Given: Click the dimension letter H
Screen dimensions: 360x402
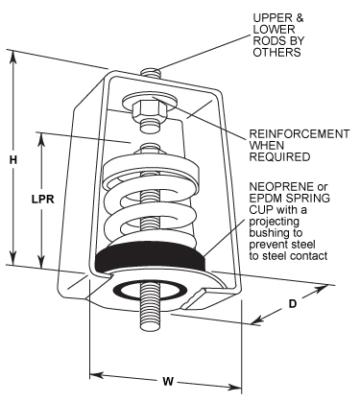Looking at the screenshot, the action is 12,159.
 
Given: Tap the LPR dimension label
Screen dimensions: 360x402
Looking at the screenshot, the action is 42,199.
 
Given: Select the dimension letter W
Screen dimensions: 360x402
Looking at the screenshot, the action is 168,381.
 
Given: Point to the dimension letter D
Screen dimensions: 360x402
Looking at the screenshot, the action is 293,304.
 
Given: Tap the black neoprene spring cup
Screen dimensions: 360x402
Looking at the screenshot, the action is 150,258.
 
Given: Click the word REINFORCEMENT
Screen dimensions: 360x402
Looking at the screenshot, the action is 300,134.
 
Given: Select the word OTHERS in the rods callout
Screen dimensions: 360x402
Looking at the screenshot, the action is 276,52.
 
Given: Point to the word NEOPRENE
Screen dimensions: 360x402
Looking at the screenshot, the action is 278,186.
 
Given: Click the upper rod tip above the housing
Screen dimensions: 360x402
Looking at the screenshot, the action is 150,72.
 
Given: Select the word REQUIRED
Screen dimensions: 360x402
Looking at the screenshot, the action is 279,157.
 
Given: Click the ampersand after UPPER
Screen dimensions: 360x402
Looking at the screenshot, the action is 300,18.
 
